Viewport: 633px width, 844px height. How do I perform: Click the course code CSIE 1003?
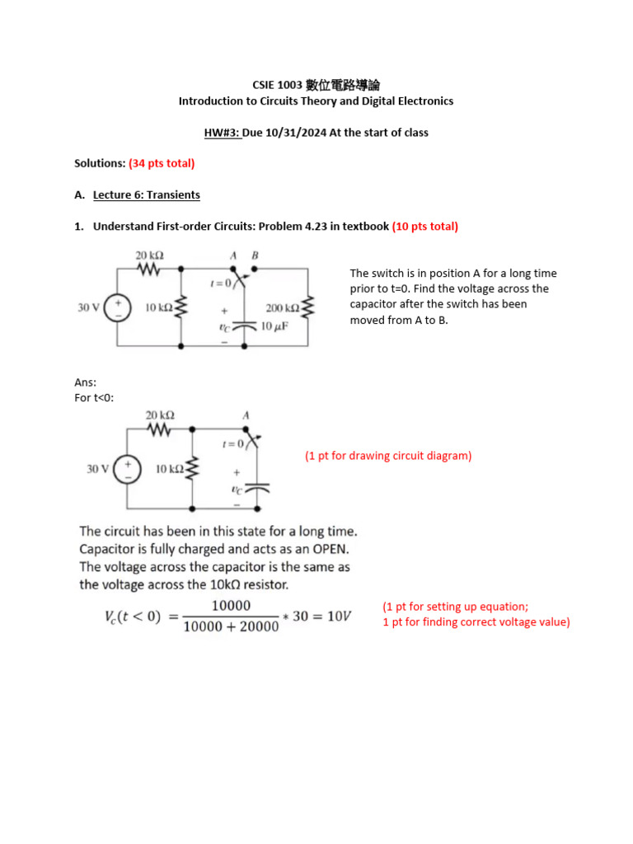pos(277,85)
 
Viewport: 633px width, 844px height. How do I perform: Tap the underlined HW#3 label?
pos(223,132)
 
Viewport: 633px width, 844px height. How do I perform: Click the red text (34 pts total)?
pos(162,163)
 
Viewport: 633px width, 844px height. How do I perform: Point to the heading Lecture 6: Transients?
pos(146,195)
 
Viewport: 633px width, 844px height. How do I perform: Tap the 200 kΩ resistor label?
pos(282,308)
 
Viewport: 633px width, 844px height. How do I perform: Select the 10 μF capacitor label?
pos(273,326)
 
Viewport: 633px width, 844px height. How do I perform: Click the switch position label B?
pos(255,256)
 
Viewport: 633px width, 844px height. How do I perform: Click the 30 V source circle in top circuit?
pos(118,307)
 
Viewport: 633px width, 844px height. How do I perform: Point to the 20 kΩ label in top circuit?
pos(149,256)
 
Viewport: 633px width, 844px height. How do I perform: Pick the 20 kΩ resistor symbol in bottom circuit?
pos(159,430)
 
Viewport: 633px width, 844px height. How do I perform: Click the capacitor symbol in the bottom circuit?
pos(258,489)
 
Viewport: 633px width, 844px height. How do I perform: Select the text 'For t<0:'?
pos(94,398)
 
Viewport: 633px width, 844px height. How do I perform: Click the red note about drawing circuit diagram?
pos(388,456)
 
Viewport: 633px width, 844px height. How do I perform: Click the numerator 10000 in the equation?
pos(231,606)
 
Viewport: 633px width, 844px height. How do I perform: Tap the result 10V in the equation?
pos(337,617)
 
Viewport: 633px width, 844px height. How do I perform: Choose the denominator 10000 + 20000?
pos(231,627)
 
